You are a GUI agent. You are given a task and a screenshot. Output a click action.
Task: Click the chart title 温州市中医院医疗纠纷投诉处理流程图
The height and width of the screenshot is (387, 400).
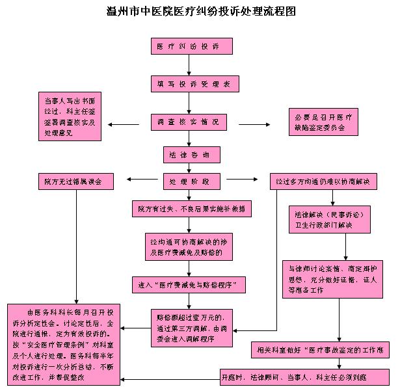click(x=200, y=12)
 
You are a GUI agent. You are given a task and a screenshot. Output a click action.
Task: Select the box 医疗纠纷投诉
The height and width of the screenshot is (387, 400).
click(x=187, y=47)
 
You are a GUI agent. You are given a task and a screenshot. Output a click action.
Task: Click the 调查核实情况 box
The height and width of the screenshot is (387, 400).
click(x=188, y=121)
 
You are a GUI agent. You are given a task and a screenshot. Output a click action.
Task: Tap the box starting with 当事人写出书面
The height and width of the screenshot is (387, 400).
click(x=70, y=117)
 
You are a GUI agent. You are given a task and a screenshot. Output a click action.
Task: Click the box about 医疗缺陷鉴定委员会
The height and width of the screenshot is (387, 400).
click(x=323, y=122)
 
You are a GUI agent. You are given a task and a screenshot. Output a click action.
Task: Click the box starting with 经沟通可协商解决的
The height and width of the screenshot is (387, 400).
click(x=187, y=247)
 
